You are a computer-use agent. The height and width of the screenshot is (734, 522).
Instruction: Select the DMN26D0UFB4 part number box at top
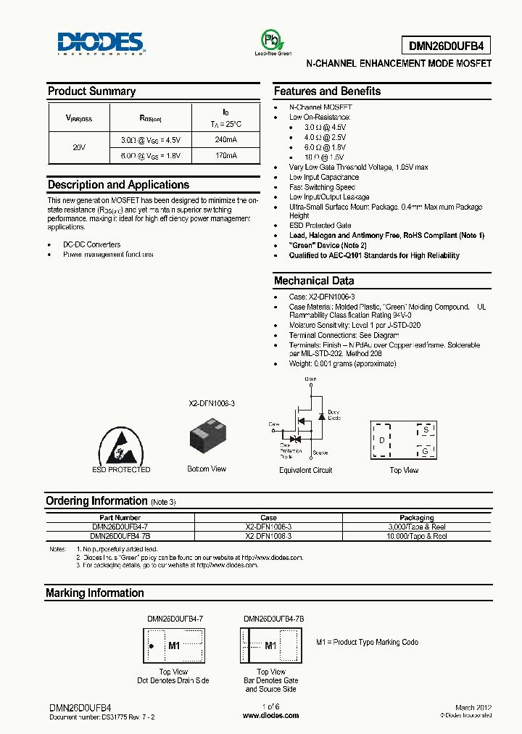(449, 46)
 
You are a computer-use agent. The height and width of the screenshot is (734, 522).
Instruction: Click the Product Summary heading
(91, 91)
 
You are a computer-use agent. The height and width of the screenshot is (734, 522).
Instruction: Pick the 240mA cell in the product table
(225, 139)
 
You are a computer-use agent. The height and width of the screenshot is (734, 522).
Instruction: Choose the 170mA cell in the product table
(225, 155)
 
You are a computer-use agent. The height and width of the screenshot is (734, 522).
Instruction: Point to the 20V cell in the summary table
(79, 147)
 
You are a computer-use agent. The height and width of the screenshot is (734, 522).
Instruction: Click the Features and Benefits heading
(327, 91)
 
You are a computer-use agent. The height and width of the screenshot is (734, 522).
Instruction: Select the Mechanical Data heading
(314, 281)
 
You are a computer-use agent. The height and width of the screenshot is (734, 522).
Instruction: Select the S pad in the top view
(427, 430)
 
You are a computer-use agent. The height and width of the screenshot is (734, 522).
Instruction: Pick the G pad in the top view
(427, 451)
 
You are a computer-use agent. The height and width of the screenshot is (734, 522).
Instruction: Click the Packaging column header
(417, 518)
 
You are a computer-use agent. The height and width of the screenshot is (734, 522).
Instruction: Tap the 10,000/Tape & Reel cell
(417, 536)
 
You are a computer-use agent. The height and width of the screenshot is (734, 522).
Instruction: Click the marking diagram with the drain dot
(174, 646)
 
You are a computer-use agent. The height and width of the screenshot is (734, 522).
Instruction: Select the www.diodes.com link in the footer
(270, 715)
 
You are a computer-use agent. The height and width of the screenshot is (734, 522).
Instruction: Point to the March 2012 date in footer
(474, 706)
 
